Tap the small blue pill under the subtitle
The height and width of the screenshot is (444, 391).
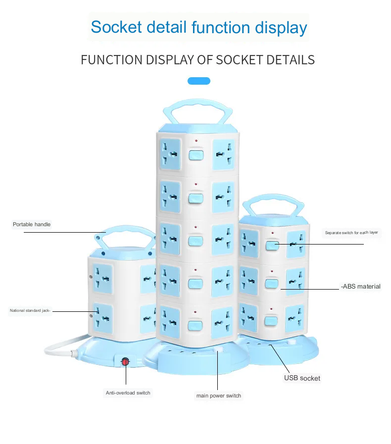click(199, 81)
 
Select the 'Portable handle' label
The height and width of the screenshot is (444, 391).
click(32, 224)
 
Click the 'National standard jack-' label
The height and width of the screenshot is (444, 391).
click(30, 311)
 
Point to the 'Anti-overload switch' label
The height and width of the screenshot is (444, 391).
click(128, 393)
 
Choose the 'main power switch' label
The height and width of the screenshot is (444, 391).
click(219, 395)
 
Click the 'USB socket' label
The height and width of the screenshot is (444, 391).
click(302, 378)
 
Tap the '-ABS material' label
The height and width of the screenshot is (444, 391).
click(360, 286)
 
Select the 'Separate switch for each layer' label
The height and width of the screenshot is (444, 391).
click(351, 233)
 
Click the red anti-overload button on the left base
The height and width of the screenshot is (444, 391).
click(125, 362)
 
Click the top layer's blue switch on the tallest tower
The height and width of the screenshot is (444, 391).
click(196, 155)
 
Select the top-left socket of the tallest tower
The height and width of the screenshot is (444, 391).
click(170, 153)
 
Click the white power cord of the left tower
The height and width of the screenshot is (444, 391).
click(57, 345)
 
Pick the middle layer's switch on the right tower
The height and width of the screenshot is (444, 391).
click(271, 284)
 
